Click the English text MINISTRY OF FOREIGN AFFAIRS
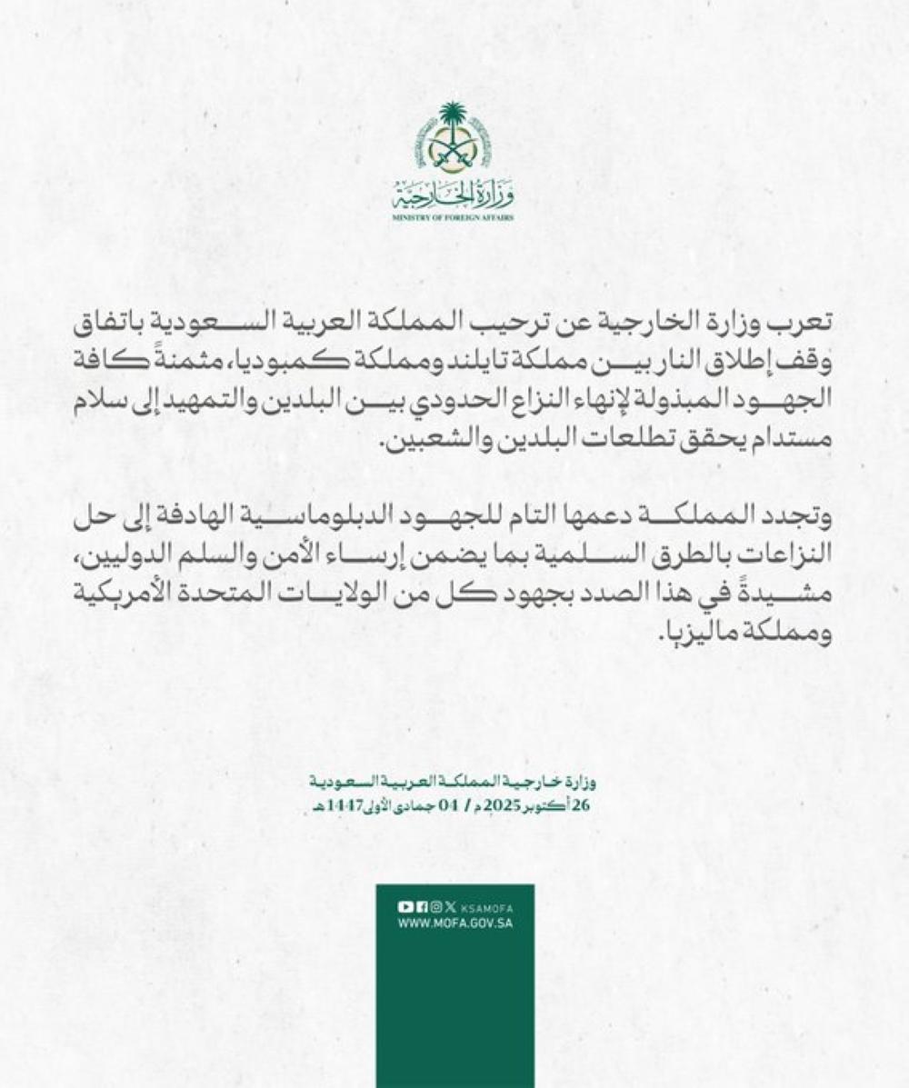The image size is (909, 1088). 454,219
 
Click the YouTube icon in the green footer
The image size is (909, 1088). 405,906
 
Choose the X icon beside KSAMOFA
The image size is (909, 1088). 451,906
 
